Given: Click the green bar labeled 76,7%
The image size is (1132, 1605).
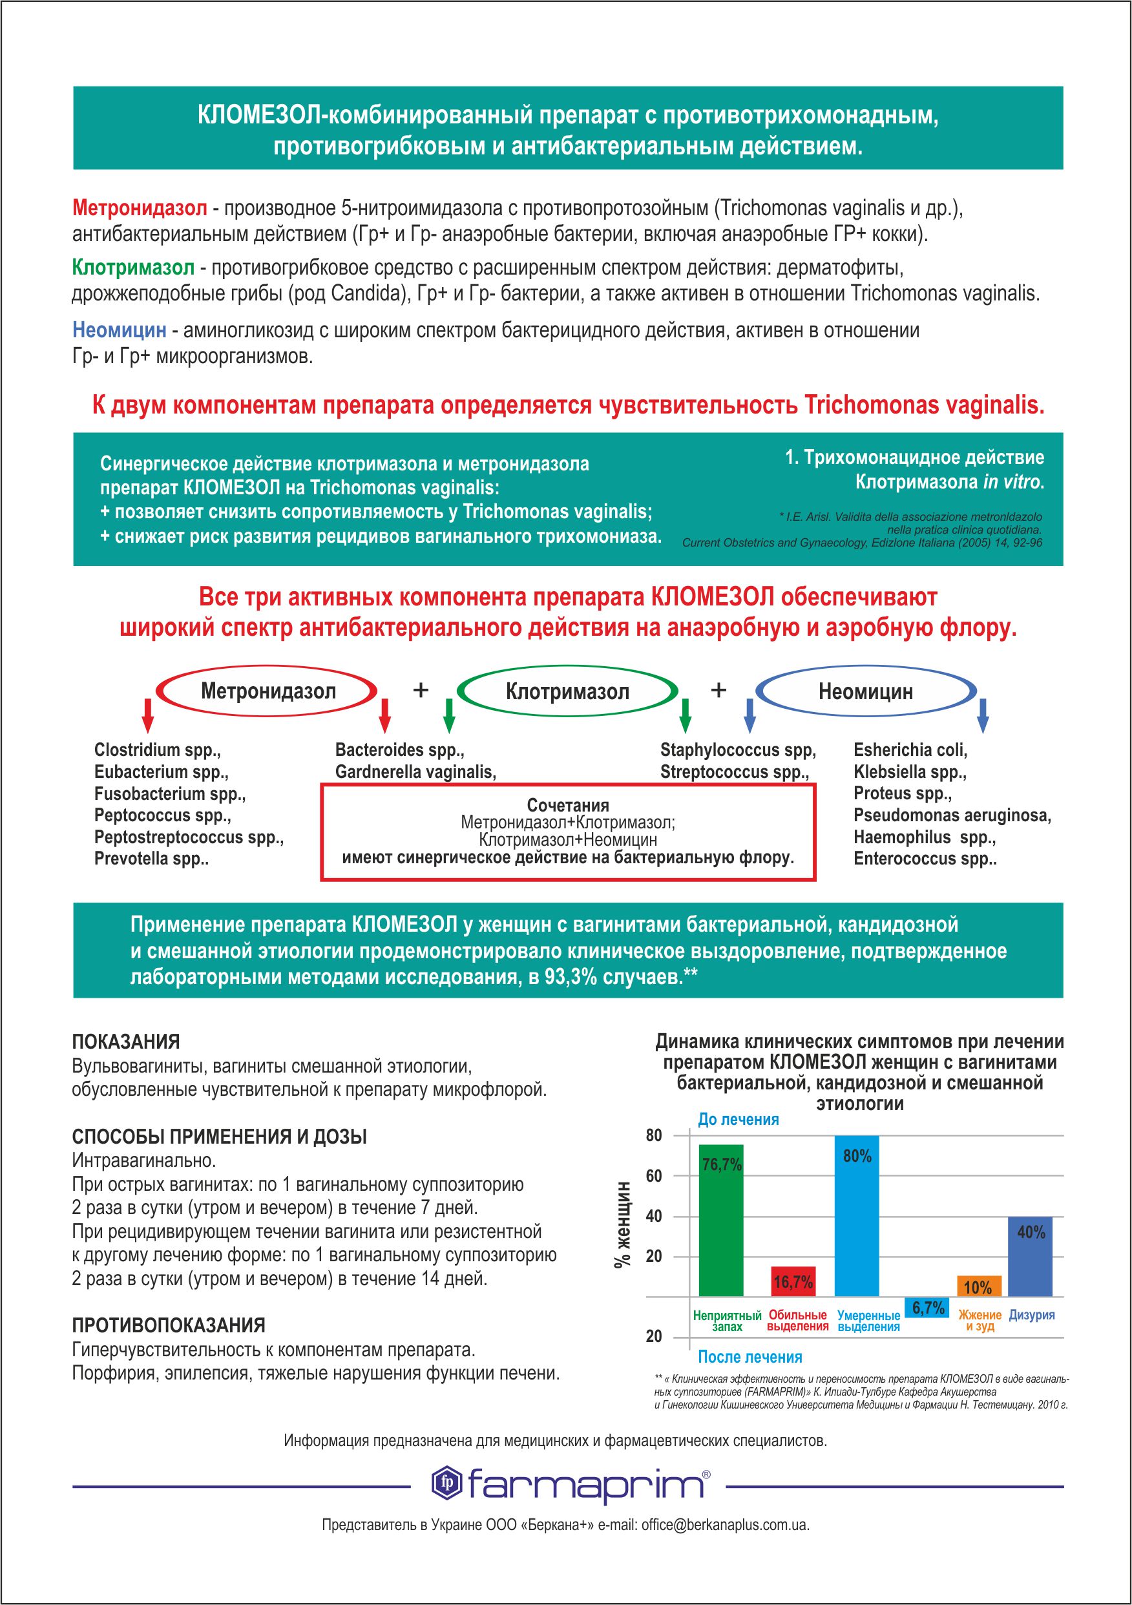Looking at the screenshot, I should [721, 1220].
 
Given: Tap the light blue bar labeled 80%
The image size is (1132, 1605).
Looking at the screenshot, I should [857, 1216].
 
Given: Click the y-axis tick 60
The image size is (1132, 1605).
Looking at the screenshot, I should [654, 1177].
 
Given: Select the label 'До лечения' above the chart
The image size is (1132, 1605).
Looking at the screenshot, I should [739, 1119].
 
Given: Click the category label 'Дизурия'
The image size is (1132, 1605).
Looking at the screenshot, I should [1031, 1315].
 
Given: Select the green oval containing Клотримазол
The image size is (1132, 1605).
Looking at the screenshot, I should [567, 692].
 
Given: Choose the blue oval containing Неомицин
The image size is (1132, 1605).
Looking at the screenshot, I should [866, 692].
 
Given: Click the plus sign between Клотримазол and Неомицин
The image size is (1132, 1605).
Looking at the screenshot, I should [718, 691].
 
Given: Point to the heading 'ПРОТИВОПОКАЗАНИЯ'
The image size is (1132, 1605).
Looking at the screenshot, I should [168, 1325].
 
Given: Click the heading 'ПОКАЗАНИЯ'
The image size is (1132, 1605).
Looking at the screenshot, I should [126, 1042].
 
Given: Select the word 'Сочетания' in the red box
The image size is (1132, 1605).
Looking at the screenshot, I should [568, 804].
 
